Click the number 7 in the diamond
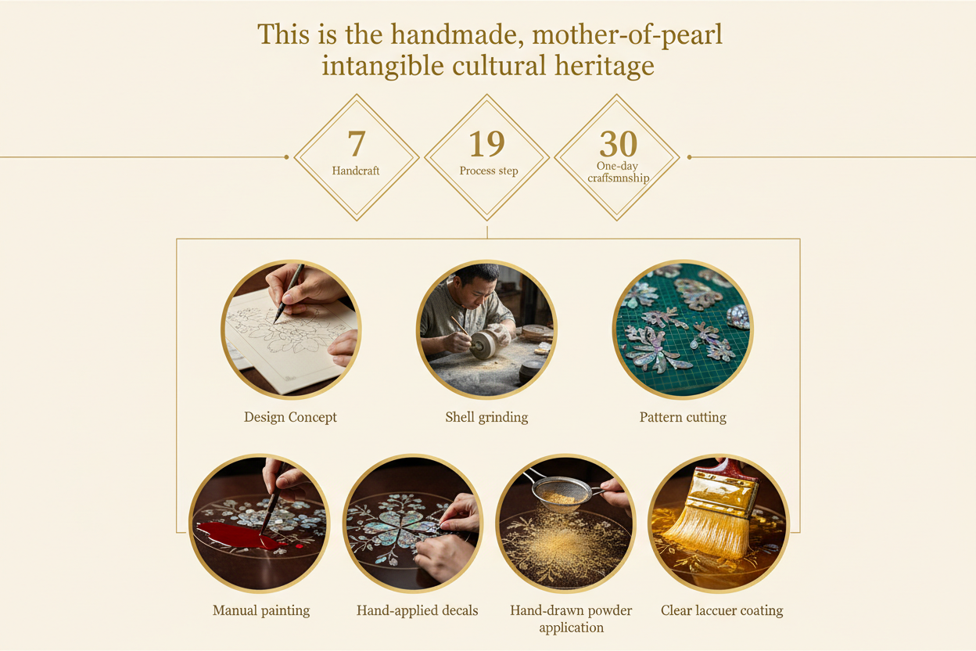356,143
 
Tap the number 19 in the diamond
486,143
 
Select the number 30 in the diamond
619,143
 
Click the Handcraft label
356,171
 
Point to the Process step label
489,171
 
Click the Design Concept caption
290,417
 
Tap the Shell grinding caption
486,417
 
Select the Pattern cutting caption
683,417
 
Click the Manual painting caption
261,610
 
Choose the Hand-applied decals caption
417,610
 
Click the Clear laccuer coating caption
722,610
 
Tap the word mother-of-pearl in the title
627,34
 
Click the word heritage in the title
605,67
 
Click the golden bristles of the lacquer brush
707,534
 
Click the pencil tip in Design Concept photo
275,322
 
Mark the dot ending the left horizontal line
286,157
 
